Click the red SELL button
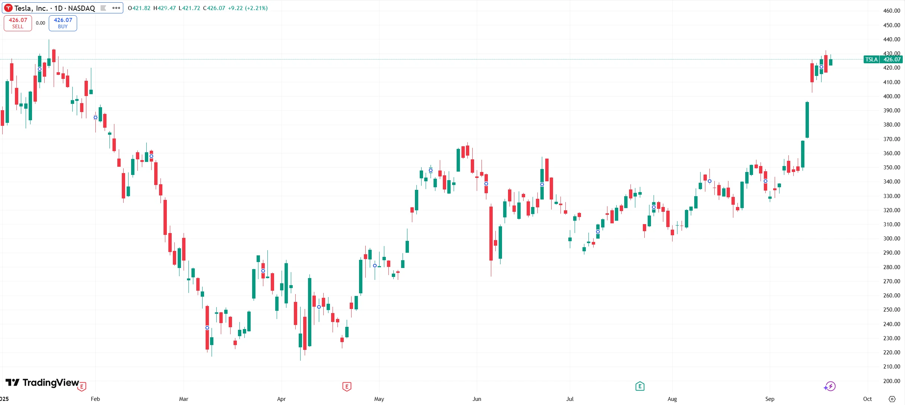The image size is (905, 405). click(x=18, y=23)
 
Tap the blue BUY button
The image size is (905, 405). click(x=63, y=23)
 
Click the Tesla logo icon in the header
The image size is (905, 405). click(x=8, y=8)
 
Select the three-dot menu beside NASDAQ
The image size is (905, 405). click(x=116, y=8)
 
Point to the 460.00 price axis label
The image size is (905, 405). click(x=892, y=11)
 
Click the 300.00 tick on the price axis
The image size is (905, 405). click(x=892, y=239)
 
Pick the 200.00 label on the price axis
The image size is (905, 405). click(x=892, y=381)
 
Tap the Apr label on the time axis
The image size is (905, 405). click(x=281, y=399)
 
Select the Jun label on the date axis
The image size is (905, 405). click(x=477, y=399)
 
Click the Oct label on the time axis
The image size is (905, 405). click(x=867, y=399)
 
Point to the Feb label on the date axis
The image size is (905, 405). click(x=95, y=399)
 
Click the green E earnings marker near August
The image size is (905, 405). click(x=640, y=386)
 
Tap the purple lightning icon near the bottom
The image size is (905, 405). click(x=830, y=386)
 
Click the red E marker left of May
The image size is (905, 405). click(x=347, y=387)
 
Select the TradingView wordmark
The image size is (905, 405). click(x=50, y=383)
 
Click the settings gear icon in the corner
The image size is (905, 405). click(x=892, y=399)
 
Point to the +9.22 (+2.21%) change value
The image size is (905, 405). click(x=248, y=8)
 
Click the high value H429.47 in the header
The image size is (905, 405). click(x=165, y=8)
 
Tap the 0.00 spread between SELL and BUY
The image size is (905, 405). click(x=40, y=23)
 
